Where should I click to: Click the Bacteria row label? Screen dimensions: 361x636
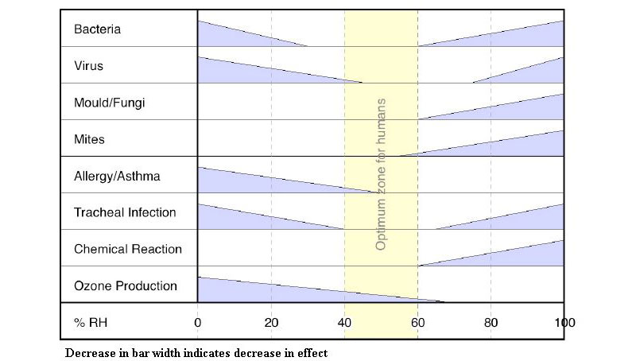tap(97, 29)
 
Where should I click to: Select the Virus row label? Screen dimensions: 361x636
tap(88, 66)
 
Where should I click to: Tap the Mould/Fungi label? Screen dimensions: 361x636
tap(110, 103)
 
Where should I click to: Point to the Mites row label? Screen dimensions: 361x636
tap(89, 139)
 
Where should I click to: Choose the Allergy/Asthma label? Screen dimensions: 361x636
tap(117, 176)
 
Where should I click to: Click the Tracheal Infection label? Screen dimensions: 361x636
tap(125, 212)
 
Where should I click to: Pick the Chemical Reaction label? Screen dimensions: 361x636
tap(128, 249)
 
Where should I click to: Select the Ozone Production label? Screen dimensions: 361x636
tap(126, 285)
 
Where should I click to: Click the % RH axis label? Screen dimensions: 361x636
tap(90, 323)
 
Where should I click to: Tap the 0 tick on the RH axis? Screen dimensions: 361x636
tap(197, 323)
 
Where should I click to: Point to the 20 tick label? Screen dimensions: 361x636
tap(271, 323)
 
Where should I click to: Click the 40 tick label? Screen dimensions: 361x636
tap(344, 323)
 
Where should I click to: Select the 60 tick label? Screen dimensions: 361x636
tap(417, 323)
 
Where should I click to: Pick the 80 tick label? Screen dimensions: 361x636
tap(491, 323)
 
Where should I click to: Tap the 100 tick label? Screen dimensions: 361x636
tap(564, 323)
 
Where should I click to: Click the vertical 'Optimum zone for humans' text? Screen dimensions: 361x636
tap(381, 175)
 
